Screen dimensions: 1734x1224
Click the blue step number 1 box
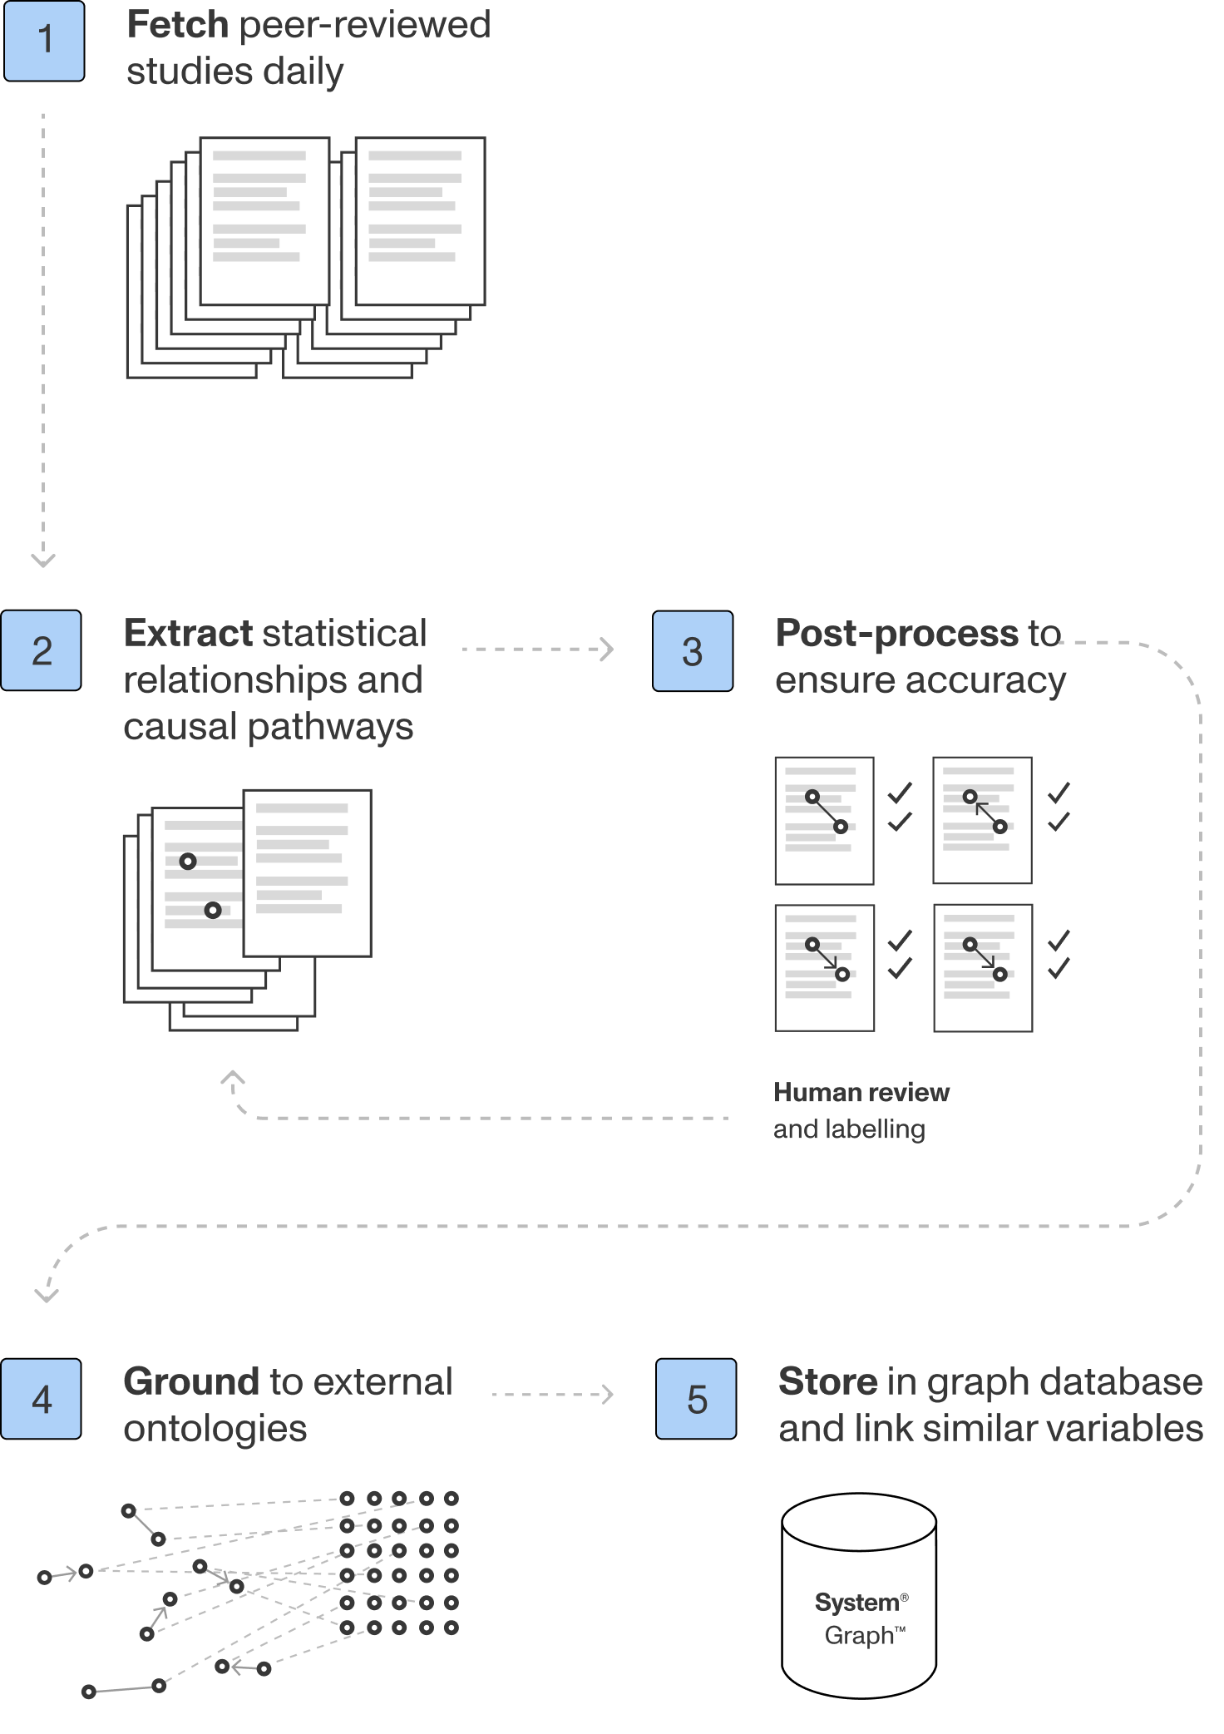point(44,41)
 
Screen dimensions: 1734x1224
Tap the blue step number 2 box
point(41,650)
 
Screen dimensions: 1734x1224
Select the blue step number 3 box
point(693,651)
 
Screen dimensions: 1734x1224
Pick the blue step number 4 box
point(41,1399)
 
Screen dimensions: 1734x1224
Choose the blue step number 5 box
point(696,1399)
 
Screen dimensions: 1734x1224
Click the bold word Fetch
point(177,25)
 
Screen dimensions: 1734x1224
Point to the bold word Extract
point(188,634)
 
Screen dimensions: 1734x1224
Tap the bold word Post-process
point(896,634)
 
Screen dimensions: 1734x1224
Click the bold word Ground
point(191,1382)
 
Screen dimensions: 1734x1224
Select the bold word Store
point(827,1382)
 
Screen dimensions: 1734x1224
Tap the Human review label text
point(861,1093)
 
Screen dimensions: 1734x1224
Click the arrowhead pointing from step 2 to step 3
point(609,649)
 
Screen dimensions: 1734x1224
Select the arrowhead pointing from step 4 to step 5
point(609,1394)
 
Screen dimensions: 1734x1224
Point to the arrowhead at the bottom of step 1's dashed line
point(43,561)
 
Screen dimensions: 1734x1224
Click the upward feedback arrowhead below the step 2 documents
point(233,1078)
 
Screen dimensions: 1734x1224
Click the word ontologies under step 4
point(215,1429)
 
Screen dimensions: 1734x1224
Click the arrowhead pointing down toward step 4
point(47,1295)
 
